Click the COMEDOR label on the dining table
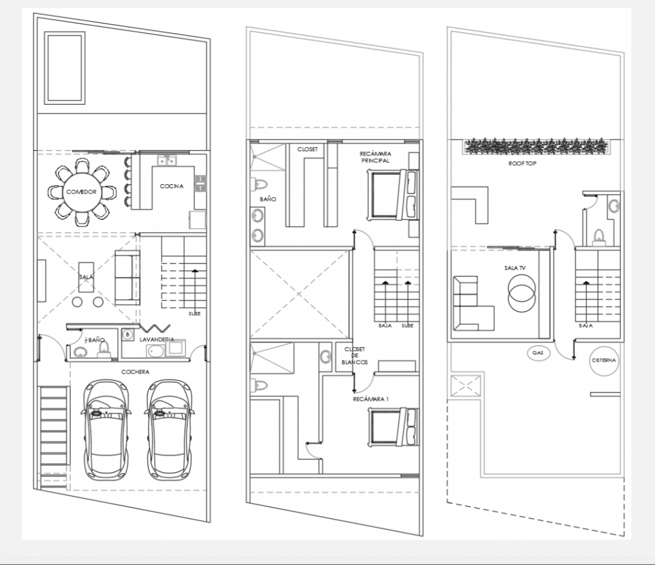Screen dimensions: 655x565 point(81,192)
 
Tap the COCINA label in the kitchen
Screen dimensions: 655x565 point(172,186)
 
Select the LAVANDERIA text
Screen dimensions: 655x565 point(157,340)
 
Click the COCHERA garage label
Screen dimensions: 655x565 point(135,372)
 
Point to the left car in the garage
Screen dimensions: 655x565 point(106,430)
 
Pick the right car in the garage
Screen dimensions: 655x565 point(169,430)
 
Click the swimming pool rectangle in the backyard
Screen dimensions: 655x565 point(65,68)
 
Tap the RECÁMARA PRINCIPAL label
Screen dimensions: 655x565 point(375,157)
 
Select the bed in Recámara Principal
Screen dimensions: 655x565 point(393,195)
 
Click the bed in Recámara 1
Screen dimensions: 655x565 point(393,427)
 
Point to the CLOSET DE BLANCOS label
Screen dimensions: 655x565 point(355,355)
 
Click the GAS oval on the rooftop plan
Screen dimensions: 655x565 point(538,353)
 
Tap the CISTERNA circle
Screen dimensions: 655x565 point(604,360)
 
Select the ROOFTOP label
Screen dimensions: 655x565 point(522,164)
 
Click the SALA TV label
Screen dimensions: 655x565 point(514,268)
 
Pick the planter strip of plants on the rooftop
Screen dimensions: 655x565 point(536,147)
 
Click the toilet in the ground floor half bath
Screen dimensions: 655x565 point(103,350)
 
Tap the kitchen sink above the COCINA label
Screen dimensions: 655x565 point(167,161)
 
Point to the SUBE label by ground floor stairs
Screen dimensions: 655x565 point(194,314)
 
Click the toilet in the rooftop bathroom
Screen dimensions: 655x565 point(599,237)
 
